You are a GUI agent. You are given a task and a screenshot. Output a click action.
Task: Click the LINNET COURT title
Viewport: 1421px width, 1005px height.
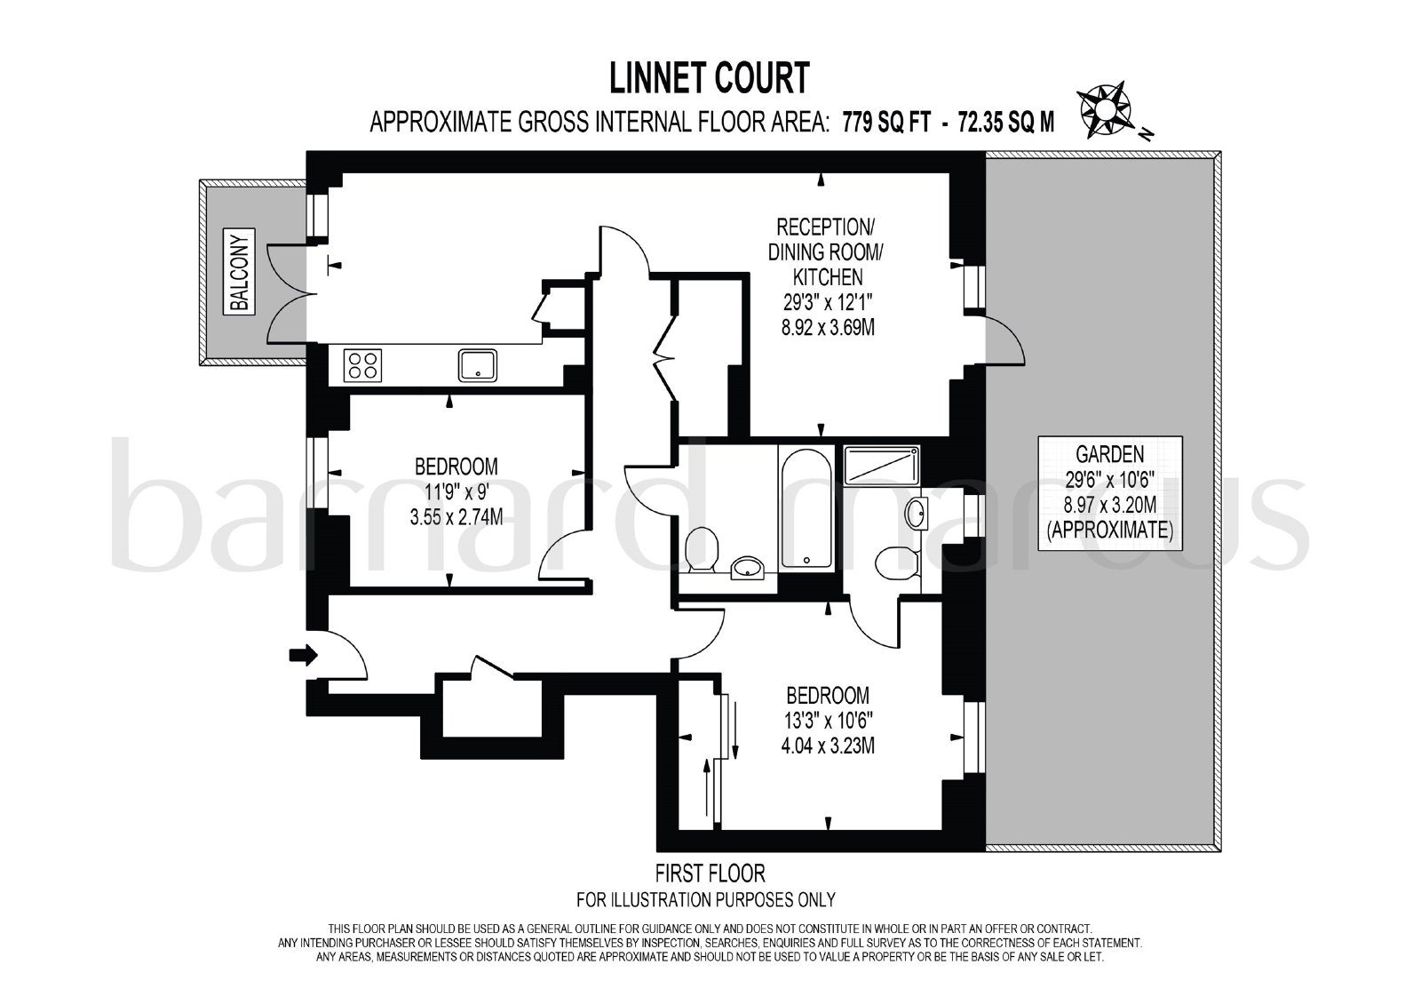(710, 78)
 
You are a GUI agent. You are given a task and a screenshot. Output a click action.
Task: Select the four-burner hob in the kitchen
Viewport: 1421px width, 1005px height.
(363, 365)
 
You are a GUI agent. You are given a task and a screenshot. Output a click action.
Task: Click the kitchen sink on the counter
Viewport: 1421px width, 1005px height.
(478, 365)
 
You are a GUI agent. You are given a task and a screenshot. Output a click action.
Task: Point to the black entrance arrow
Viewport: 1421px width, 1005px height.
(303, 655)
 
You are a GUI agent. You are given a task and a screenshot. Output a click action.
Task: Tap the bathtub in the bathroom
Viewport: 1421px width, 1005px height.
(807, 508)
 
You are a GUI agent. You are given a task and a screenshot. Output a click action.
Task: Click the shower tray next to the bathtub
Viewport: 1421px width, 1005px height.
(882, 464)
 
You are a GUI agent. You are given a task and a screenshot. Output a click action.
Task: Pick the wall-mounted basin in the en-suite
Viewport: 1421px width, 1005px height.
(916, 514)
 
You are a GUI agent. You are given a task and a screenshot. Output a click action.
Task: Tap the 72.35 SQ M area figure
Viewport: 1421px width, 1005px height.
(1007, 122)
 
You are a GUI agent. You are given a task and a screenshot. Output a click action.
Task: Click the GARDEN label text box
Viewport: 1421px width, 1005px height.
(1110, 492)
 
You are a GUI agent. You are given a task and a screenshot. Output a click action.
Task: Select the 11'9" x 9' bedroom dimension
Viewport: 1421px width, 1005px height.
(456, 492)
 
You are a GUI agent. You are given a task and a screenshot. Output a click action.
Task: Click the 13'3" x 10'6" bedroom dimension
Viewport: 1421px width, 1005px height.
(827, 721)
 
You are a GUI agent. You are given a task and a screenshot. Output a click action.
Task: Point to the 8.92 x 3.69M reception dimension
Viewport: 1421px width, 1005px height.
(828, 328)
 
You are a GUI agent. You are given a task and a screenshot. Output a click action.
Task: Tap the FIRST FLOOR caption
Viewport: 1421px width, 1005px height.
(710, 873)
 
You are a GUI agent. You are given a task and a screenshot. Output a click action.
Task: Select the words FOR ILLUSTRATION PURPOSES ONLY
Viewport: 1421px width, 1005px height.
(706, 899)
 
